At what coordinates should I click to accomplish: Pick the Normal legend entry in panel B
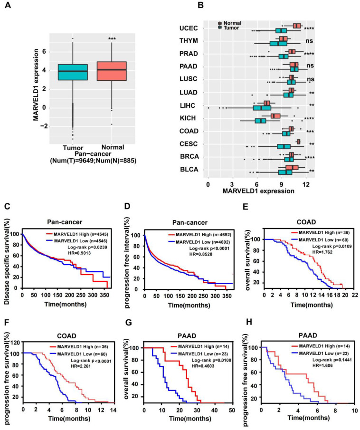tap(232, 22)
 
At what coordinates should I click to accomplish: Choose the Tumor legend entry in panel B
tap(231, 28)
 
